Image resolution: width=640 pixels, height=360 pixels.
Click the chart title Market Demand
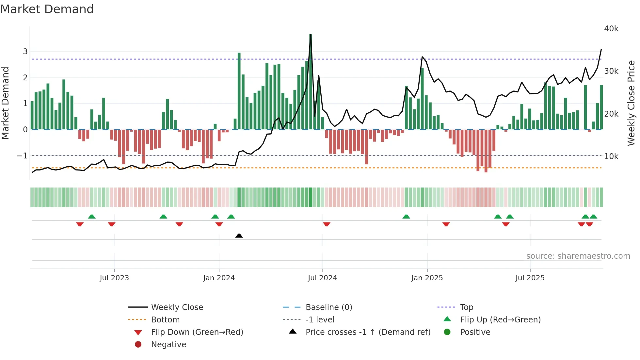point(47,9)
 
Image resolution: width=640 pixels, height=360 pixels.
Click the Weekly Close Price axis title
point(631,103)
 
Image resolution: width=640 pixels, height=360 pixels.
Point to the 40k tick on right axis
point(611,29)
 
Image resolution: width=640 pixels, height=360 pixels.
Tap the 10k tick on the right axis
point(611,156)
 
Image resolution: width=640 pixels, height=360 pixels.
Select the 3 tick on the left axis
point(25,52)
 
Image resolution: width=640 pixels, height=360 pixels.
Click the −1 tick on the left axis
point(22,156)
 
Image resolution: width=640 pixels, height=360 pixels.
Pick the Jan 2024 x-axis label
point(219,278)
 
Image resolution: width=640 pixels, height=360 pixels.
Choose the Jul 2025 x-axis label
point(530,278)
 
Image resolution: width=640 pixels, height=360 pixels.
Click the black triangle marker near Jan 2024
point(239,236)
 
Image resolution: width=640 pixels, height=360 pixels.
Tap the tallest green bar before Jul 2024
point(311,82)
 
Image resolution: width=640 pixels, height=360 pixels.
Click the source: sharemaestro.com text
point(578,256)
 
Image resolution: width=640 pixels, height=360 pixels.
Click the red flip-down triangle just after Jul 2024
point(327,224)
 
